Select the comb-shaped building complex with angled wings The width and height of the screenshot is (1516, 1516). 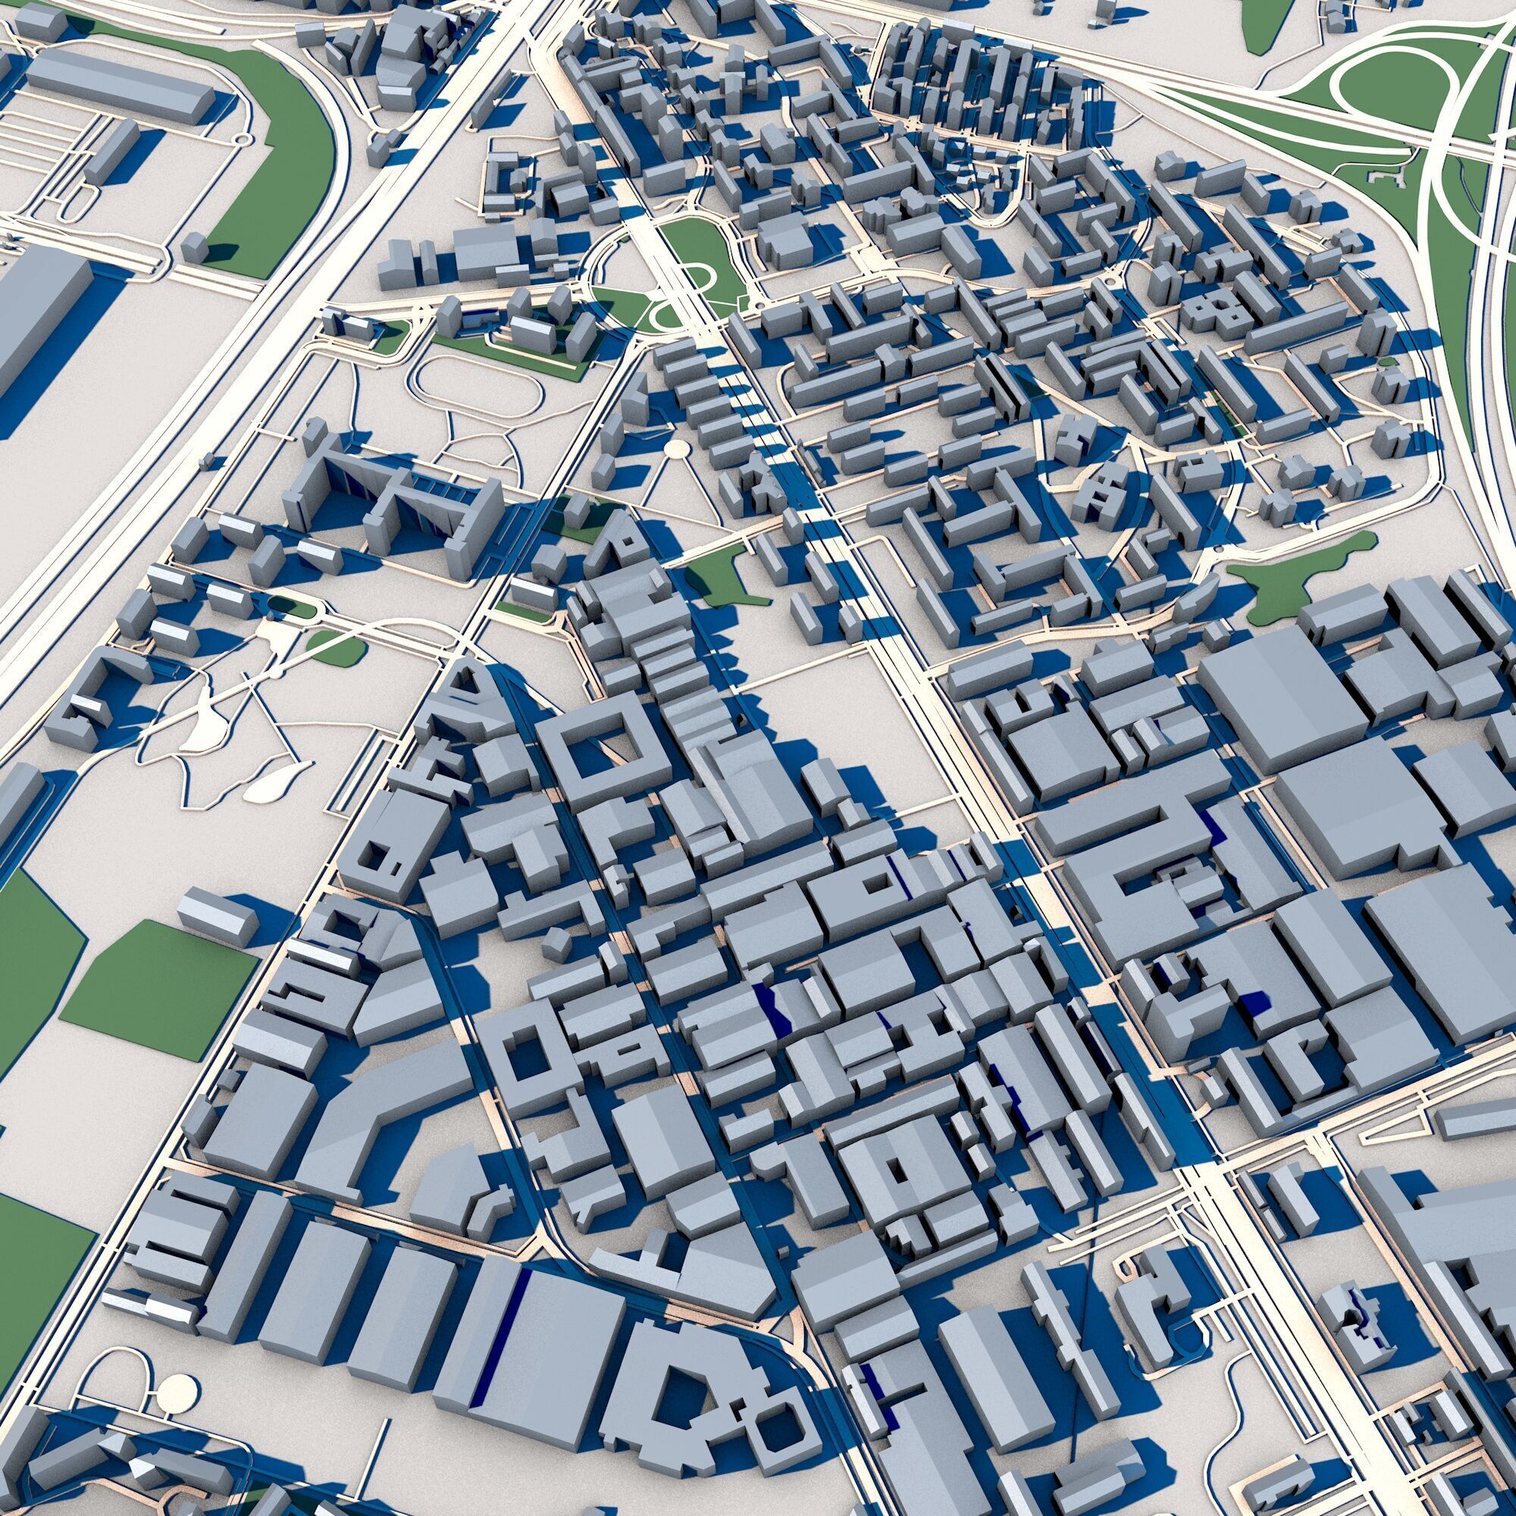click(393, 503)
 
